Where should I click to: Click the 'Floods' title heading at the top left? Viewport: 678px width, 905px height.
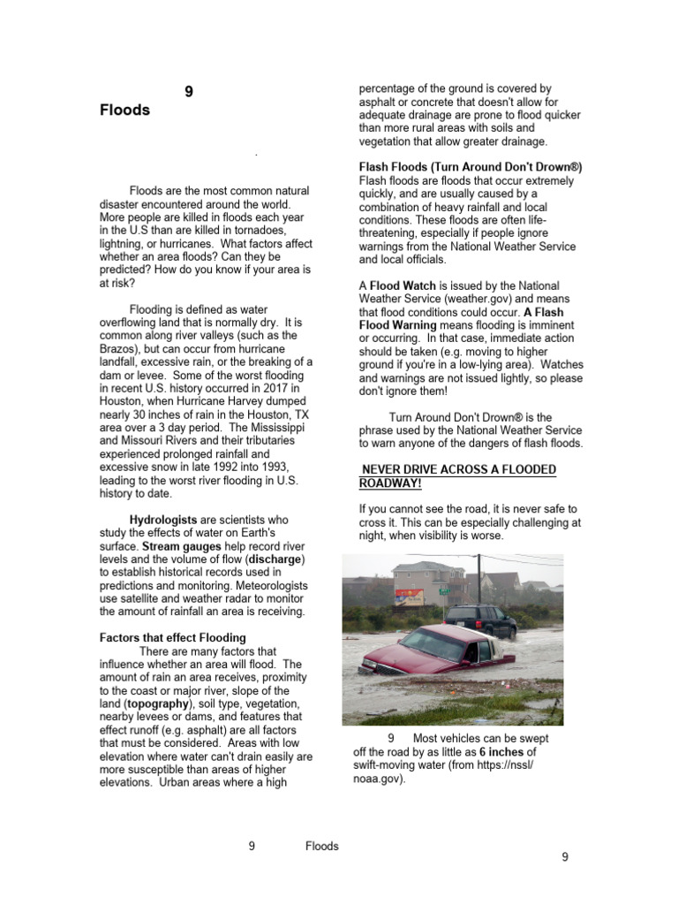(124, 110)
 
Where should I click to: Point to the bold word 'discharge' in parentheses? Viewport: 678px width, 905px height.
(275, 559)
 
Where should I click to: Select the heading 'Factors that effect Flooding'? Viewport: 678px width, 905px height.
(173, 637)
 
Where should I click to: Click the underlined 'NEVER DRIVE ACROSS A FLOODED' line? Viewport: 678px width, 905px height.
(459, 469)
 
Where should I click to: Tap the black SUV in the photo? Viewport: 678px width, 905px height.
(480, 620)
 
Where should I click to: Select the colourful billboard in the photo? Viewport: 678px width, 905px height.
(409, 597)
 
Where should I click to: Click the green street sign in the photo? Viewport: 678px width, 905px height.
(444, 589)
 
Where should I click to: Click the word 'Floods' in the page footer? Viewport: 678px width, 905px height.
(321, 846)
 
